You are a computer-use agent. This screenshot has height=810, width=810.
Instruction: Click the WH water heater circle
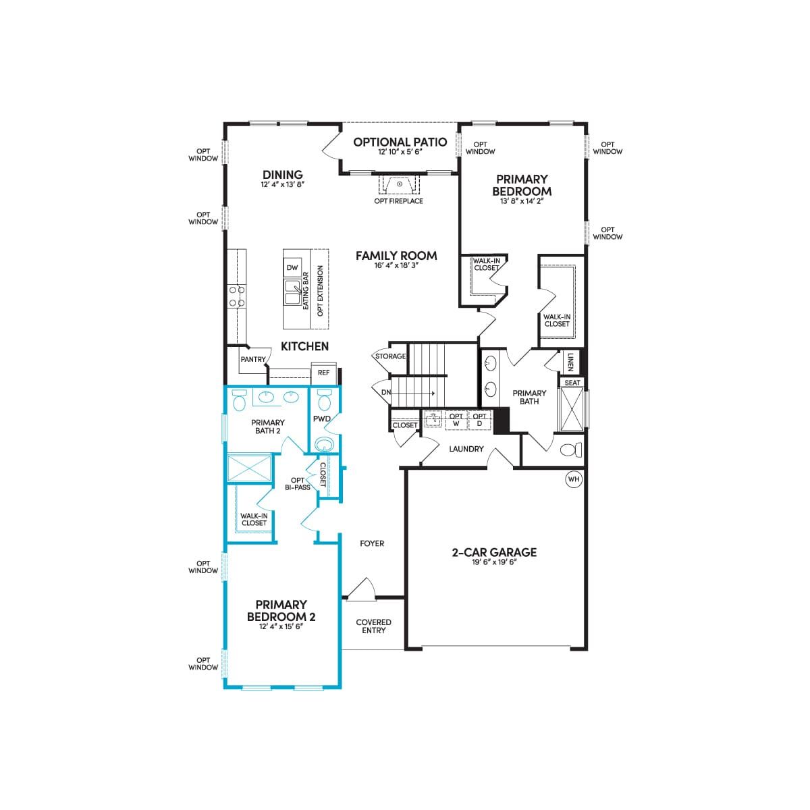[x=574, y=479]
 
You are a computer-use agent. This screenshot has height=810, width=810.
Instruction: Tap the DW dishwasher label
[x=292, y=268]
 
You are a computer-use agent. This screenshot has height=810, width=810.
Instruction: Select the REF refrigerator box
[x=324, y=373]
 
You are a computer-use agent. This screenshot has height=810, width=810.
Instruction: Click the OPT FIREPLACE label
[x=398, y=201]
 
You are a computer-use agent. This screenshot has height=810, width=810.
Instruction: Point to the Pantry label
[x=253, y=359]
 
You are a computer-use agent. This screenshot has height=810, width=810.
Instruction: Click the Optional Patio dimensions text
[x=400, y=152]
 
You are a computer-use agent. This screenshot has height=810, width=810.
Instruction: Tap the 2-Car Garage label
[x=494, y=552]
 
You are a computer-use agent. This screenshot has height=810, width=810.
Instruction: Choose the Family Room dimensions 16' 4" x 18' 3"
[x=396, y=265]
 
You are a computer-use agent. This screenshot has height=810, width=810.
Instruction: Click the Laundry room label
[x=466, y=449]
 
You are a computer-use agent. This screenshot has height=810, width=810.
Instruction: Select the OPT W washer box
[x=456, y=419]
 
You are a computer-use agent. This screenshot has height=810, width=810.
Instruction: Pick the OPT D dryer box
[x=480, y=419]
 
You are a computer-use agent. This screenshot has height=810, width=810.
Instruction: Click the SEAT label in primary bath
[x=572, y=383]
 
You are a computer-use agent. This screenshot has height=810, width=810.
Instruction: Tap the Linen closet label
[x=570, y=362]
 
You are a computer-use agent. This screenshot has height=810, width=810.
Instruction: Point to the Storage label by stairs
[x=391, y=356]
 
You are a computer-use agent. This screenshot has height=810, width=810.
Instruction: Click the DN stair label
[x=386, y=392]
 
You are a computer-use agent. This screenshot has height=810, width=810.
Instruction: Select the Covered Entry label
[x=373, y=626]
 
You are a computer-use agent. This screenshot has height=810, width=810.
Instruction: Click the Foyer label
[x=372, y=543]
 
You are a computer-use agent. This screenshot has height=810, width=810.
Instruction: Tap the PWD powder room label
[x=321, y=418]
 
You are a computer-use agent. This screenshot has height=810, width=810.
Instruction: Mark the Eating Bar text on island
[x=306, y=291]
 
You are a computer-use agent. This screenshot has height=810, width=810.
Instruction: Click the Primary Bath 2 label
[x=268, y=426]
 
